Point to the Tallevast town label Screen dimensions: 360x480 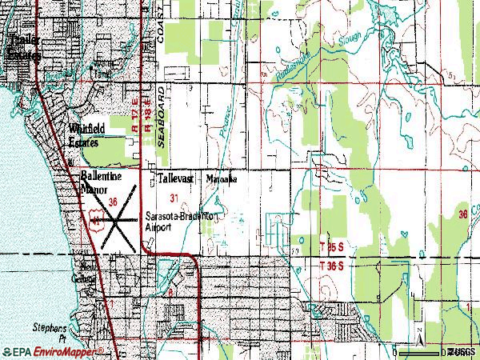click(x=174, y=179)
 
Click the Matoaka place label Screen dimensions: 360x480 click(x=223, y=179)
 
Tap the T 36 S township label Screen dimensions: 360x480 click(x=331, y=264)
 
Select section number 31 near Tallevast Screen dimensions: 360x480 click(x=174, y=197)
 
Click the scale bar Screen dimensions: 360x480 click(x=432, y=350)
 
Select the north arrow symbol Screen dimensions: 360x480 click(x=416, y=333)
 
